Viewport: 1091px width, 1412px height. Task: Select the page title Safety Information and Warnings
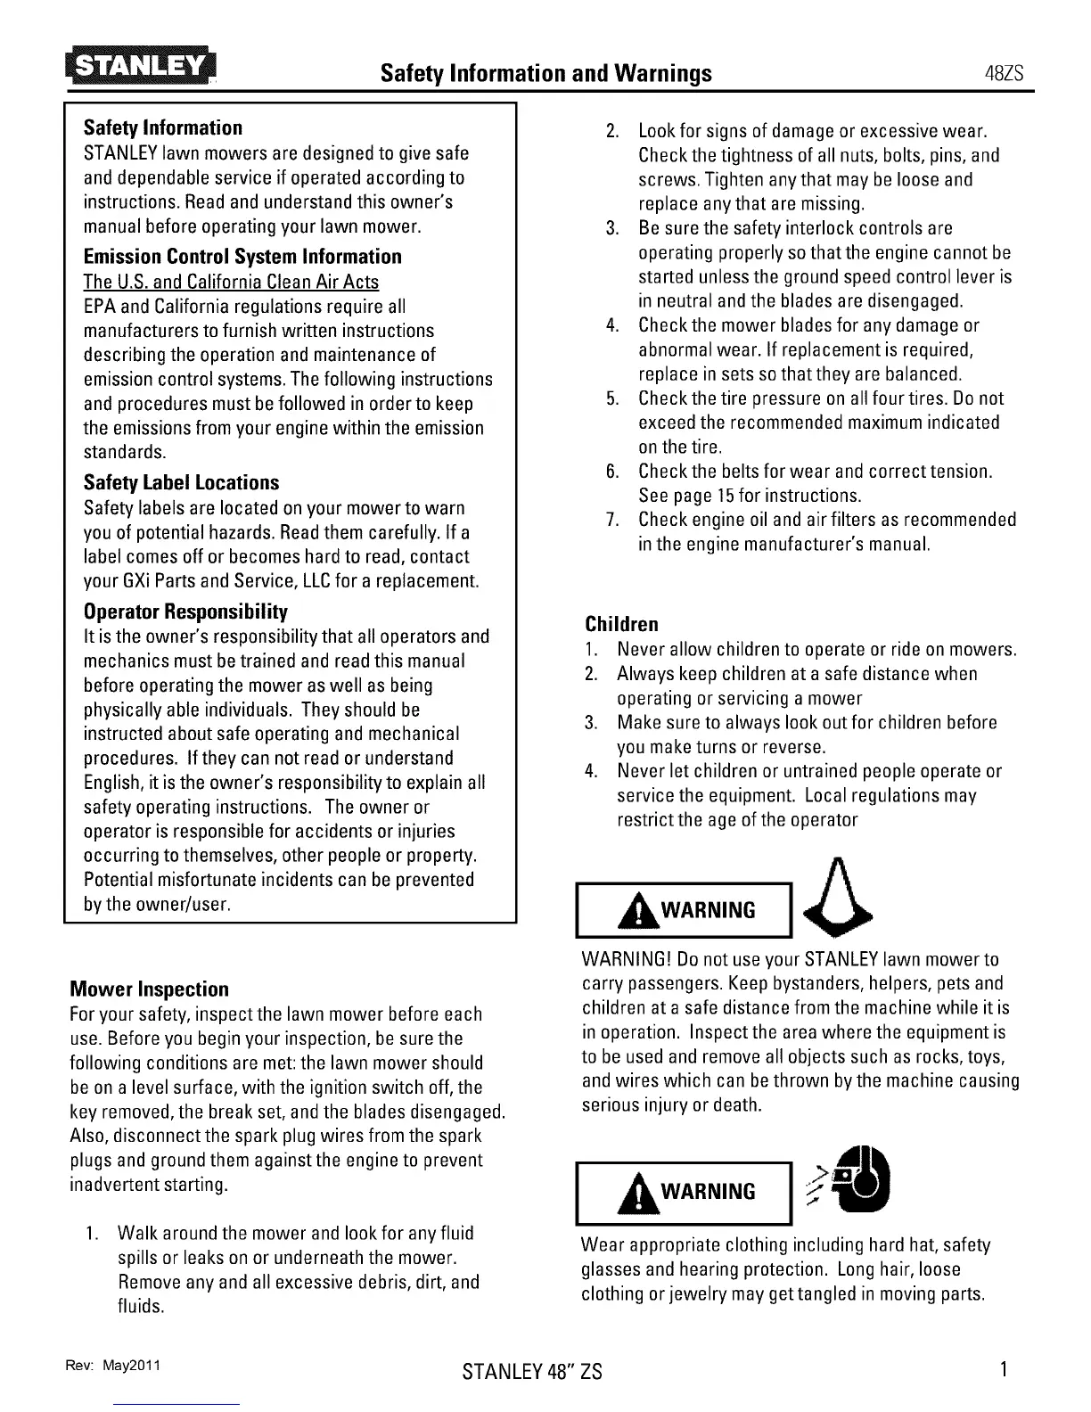coord(545,72)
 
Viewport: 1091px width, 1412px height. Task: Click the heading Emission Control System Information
coord(242,257)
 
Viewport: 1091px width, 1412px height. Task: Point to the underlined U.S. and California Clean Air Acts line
coord(231,282)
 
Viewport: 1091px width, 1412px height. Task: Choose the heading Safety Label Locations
coord(181,483)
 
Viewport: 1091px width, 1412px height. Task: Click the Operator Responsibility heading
coord(185,612)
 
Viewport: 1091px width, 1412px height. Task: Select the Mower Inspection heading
coord(149,989)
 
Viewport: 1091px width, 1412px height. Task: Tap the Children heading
coord(622,624)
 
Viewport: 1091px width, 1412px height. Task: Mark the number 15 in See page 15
coord(724,496)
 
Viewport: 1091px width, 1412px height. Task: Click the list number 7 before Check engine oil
coord(612,520)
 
